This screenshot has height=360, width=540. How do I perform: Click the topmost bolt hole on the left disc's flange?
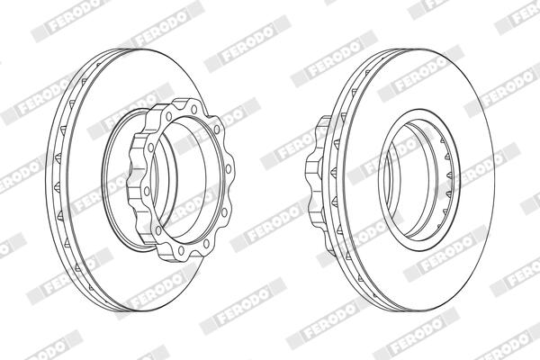coord(193,110)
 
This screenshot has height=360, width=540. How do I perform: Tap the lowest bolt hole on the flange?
coord(181,249)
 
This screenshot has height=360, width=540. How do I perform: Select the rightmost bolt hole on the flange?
coord(229,169)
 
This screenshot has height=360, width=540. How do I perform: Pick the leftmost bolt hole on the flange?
coord(147,191)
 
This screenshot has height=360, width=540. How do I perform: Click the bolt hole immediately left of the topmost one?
coord(169,116)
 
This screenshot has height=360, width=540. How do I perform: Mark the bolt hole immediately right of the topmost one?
coord(217,130)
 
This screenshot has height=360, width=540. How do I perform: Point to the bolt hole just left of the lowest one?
coord(158,229)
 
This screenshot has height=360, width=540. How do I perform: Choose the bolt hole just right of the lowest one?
coord(206,243)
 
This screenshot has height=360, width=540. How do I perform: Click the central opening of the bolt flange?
coord(188,180)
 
